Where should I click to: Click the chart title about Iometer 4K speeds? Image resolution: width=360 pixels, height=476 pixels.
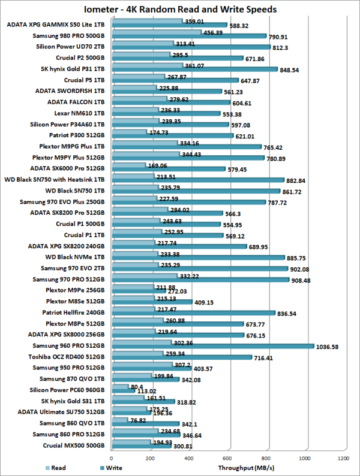click(x=180, y=9)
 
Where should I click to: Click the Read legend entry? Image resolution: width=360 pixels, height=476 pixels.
click(x=55, y=468)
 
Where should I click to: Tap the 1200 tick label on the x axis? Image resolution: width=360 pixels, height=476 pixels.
click(x=343, y=459)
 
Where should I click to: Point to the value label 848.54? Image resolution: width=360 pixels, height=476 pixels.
click(x=292, y=70)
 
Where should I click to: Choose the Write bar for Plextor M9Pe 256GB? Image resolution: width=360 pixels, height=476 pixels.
click(x=137, y=291)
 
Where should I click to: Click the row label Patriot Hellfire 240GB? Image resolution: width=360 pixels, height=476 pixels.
click(x=73, y=312)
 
